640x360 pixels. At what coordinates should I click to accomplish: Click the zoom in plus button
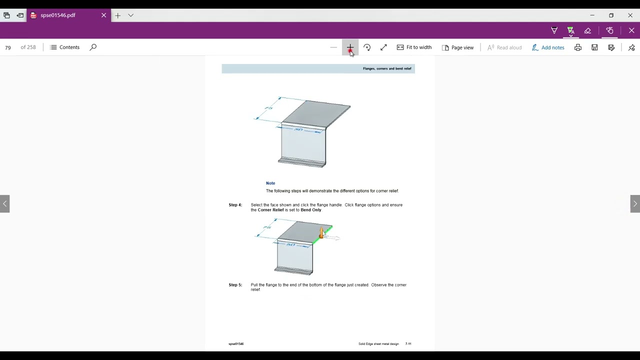(350, 47)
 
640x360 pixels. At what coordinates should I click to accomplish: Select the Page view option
(457, 47)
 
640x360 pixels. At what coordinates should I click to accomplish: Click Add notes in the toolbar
(548, 47)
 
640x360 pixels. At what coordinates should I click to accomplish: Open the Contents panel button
(65, 47)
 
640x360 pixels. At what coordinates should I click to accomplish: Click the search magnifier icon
(93, 47)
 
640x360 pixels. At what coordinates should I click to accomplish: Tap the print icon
(578, 47)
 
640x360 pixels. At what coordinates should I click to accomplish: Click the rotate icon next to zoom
(367, 47)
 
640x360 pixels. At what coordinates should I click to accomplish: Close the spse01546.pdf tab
(103, 15)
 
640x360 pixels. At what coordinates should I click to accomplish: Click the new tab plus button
(117, 15)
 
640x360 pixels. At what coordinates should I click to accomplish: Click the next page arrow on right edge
(635, 204)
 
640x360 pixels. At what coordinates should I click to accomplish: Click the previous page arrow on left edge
(4, 204)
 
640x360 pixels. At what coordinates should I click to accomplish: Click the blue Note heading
(270, 183)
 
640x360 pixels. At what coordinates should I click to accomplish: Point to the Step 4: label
(235, 205)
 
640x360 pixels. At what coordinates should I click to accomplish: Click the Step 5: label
(235, 285)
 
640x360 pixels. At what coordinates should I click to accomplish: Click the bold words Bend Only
(311, 210)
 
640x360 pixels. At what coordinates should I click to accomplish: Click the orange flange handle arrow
(321, 232)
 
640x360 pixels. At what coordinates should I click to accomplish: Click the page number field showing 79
(8, 47)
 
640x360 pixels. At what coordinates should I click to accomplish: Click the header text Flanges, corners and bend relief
(387, 68)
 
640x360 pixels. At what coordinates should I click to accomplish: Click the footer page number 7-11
(408, 344)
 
